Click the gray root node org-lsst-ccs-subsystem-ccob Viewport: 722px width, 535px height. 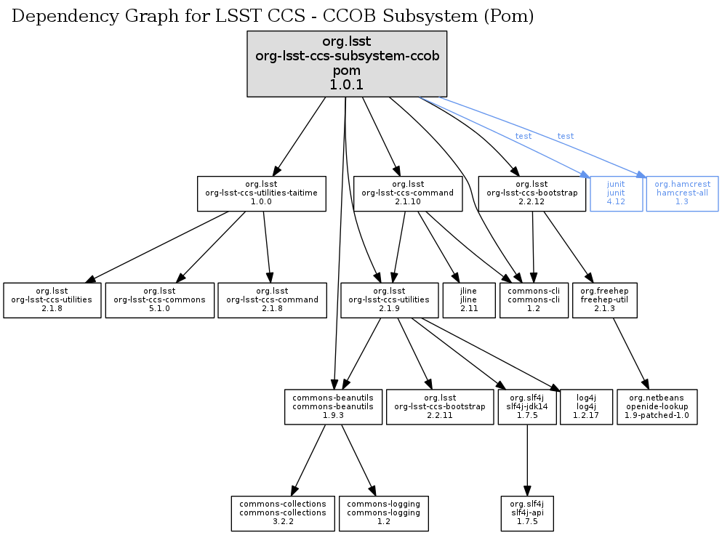(x=347, y=64)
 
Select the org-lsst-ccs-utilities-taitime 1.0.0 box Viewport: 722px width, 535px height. (x=261, y=193)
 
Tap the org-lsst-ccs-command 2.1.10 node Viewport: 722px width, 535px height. (x=407, y=193)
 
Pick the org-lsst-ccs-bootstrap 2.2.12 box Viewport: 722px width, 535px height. (x=532, y=193)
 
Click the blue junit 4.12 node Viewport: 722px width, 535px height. (x=616, y=193)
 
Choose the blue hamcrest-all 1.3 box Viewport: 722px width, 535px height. (x=682, y=193)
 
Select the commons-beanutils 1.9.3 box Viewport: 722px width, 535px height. (x=333, y=407)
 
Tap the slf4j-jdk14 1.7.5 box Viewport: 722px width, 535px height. (x=527, y=407)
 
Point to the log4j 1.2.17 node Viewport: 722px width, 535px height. (x=586, y=407)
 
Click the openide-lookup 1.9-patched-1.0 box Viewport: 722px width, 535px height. (x=657, y=407)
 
